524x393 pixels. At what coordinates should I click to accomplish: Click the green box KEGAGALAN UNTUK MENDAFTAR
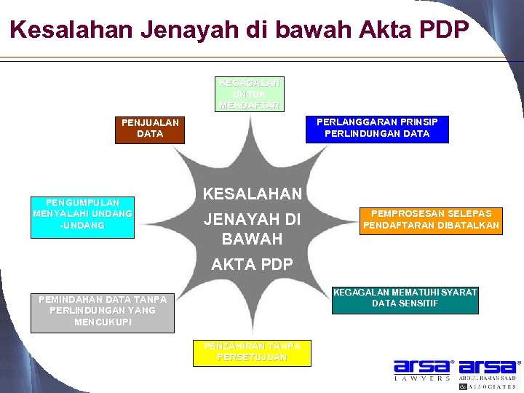click(250, 95)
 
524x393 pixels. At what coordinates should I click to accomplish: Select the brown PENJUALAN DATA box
click(150, 129)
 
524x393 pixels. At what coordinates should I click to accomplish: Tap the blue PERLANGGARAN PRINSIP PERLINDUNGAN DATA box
click(377, 129)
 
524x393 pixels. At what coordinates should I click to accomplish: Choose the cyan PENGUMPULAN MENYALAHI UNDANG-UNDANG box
click(83, 216)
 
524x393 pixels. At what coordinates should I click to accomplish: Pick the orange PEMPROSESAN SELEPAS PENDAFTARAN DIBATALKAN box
click(432, 221)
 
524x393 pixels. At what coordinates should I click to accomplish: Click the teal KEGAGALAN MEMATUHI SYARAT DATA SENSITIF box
click(405, 299)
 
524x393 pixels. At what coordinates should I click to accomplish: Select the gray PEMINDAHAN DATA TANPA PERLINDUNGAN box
click(103, 311)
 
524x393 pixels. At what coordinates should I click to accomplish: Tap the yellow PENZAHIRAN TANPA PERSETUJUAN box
click(251, 352)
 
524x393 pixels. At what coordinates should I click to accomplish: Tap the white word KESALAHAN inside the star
click(251, 194)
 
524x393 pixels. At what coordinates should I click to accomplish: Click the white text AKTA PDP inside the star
click(251, 265)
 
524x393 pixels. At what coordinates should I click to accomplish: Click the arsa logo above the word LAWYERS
click(423, 367)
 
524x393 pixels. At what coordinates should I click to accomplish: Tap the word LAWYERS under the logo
click(423, 379)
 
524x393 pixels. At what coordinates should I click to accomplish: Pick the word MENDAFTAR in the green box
click(250, 105)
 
